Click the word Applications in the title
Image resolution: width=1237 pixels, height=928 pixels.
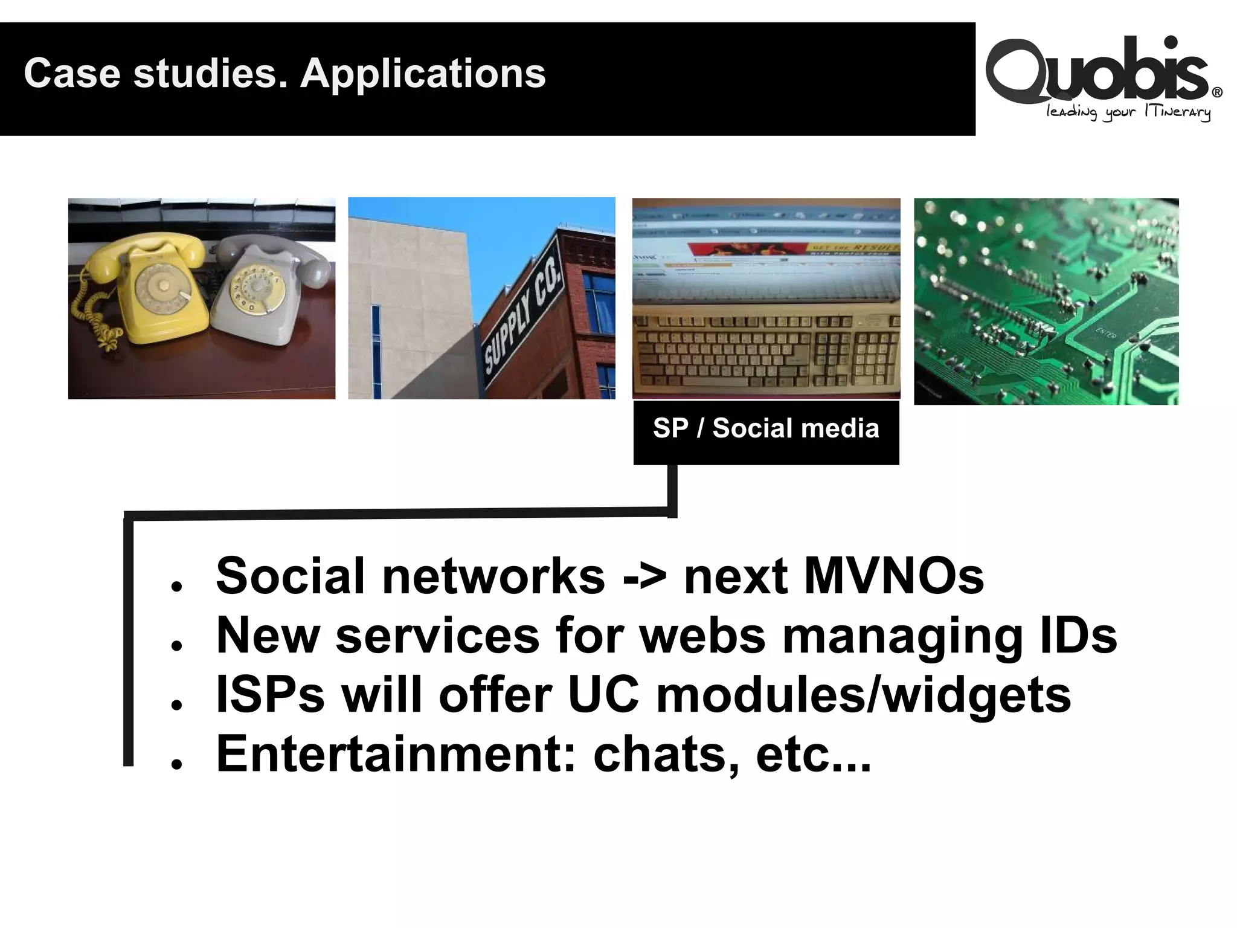[x=423, y=74]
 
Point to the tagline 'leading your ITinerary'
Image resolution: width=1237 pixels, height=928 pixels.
[x=1128, y=112]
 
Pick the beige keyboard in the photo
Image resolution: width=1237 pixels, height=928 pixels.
[x=766, y=353]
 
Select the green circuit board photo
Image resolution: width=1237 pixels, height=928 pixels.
[x=1046, y=301]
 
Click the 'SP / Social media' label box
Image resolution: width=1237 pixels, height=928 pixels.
[x=766, y=429]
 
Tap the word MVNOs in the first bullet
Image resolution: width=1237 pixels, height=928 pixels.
[x=894, y=576]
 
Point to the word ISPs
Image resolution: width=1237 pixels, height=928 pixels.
[x=270, y=695]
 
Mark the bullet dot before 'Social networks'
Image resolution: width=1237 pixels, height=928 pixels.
[x=176, y=586]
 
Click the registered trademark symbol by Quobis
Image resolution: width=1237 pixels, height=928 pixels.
[x=1217, y=92]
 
